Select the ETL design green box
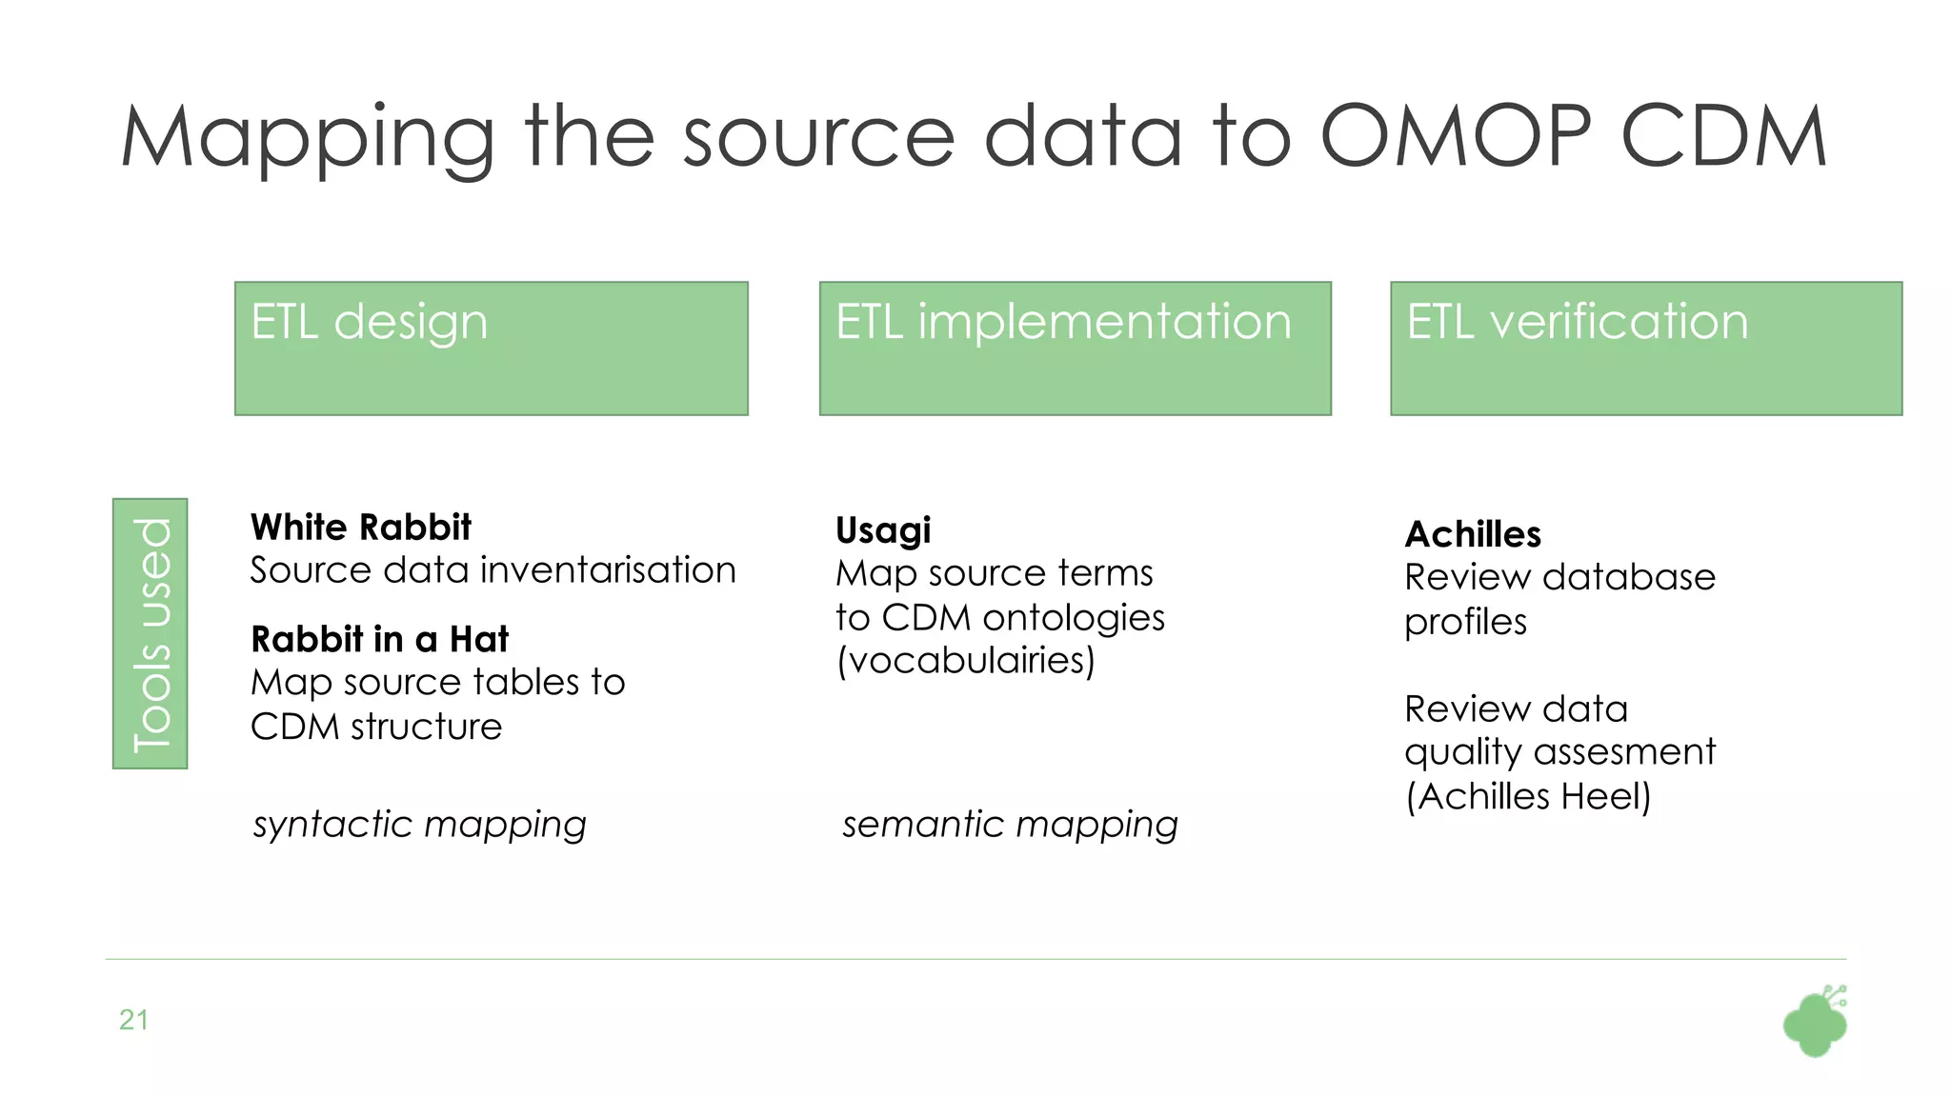coord(491,349)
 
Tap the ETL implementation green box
coord(1075,349)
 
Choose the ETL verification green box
coord(1645,349)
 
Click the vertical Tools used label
coord(151,633)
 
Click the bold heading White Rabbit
coord(360,527)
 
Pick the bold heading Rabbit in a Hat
coord(379,639)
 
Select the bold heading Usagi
coord(883,530)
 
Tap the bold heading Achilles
coord(1473,534)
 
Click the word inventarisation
coord(608,570)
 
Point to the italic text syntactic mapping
coord(419,825)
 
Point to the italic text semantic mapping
coord(1010,825)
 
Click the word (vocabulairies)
coord(965,660)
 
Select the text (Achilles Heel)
coord(1528,796)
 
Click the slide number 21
coord(133,1020)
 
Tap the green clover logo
coord(1814,1023)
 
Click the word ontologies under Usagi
coord(1074,618)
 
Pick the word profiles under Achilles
coord(1465,623)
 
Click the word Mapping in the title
coord(307,138)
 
